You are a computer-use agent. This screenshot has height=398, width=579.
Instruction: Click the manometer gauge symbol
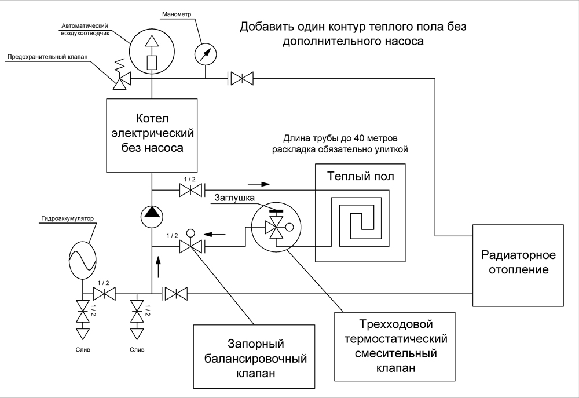click(206, 54)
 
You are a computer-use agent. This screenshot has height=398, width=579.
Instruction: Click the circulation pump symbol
click(152, 216)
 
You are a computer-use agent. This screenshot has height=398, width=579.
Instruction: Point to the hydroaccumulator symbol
click(82, 260)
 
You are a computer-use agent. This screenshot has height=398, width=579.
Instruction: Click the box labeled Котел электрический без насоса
click(151, 135)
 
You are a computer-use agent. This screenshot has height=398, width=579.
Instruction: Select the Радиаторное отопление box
click(518, 265)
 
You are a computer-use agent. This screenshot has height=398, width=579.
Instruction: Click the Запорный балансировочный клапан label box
click(254, 357)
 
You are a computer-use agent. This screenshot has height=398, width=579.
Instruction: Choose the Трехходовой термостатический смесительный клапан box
click(395, 346)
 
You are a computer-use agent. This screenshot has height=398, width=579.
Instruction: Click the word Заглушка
click(234, 198)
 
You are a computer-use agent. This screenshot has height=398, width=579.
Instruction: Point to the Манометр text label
click(177, 14)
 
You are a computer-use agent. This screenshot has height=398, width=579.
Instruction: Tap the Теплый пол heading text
click(360, 176)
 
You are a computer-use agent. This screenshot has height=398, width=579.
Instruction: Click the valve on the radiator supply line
click(241, 78)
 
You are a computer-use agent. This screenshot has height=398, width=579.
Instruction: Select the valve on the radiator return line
click(175, 294)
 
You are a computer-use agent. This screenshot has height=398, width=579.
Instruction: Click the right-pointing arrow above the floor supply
click(259, 184)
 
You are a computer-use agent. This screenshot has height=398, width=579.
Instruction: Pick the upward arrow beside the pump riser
click(159, 266)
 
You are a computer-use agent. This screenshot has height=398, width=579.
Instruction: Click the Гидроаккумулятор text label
click(68, 218)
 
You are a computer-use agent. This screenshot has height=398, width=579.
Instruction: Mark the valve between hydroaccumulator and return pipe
click(104, 294)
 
